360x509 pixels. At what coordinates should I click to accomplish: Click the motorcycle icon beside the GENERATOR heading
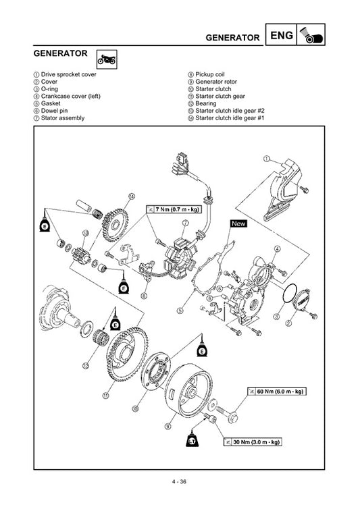point(106,59)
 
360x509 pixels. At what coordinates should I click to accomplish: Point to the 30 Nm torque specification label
point(251,442)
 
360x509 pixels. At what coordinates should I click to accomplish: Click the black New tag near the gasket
point(239,223)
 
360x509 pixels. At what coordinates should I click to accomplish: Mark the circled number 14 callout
point(132,196)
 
